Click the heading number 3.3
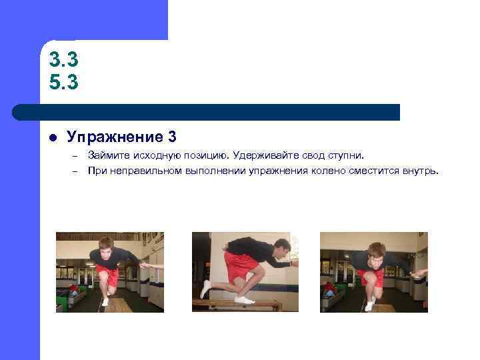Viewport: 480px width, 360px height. (64, 60)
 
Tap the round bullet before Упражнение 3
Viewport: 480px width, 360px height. (52, 139)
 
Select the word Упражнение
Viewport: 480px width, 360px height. (113, 137)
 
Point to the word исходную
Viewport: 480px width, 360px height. (155, 156)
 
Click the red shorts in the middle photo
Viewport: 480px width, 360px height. (239, 265)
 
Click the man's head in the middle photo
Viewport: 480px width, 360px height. (282, 248)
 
